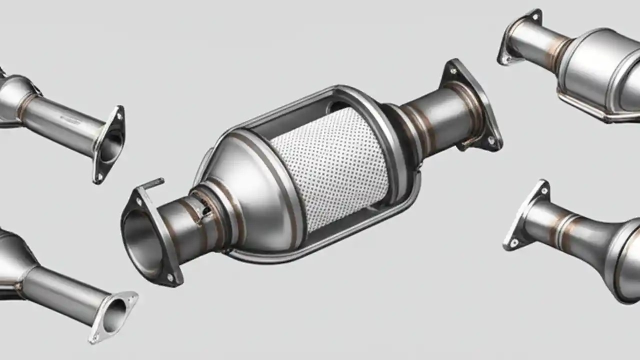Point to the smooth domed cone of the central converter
(250, 195)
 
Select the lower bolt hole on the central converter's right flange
(491, 141)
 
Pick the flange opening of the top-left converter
(110, 146)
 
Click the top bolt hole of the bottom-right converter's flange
(543, 190)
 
